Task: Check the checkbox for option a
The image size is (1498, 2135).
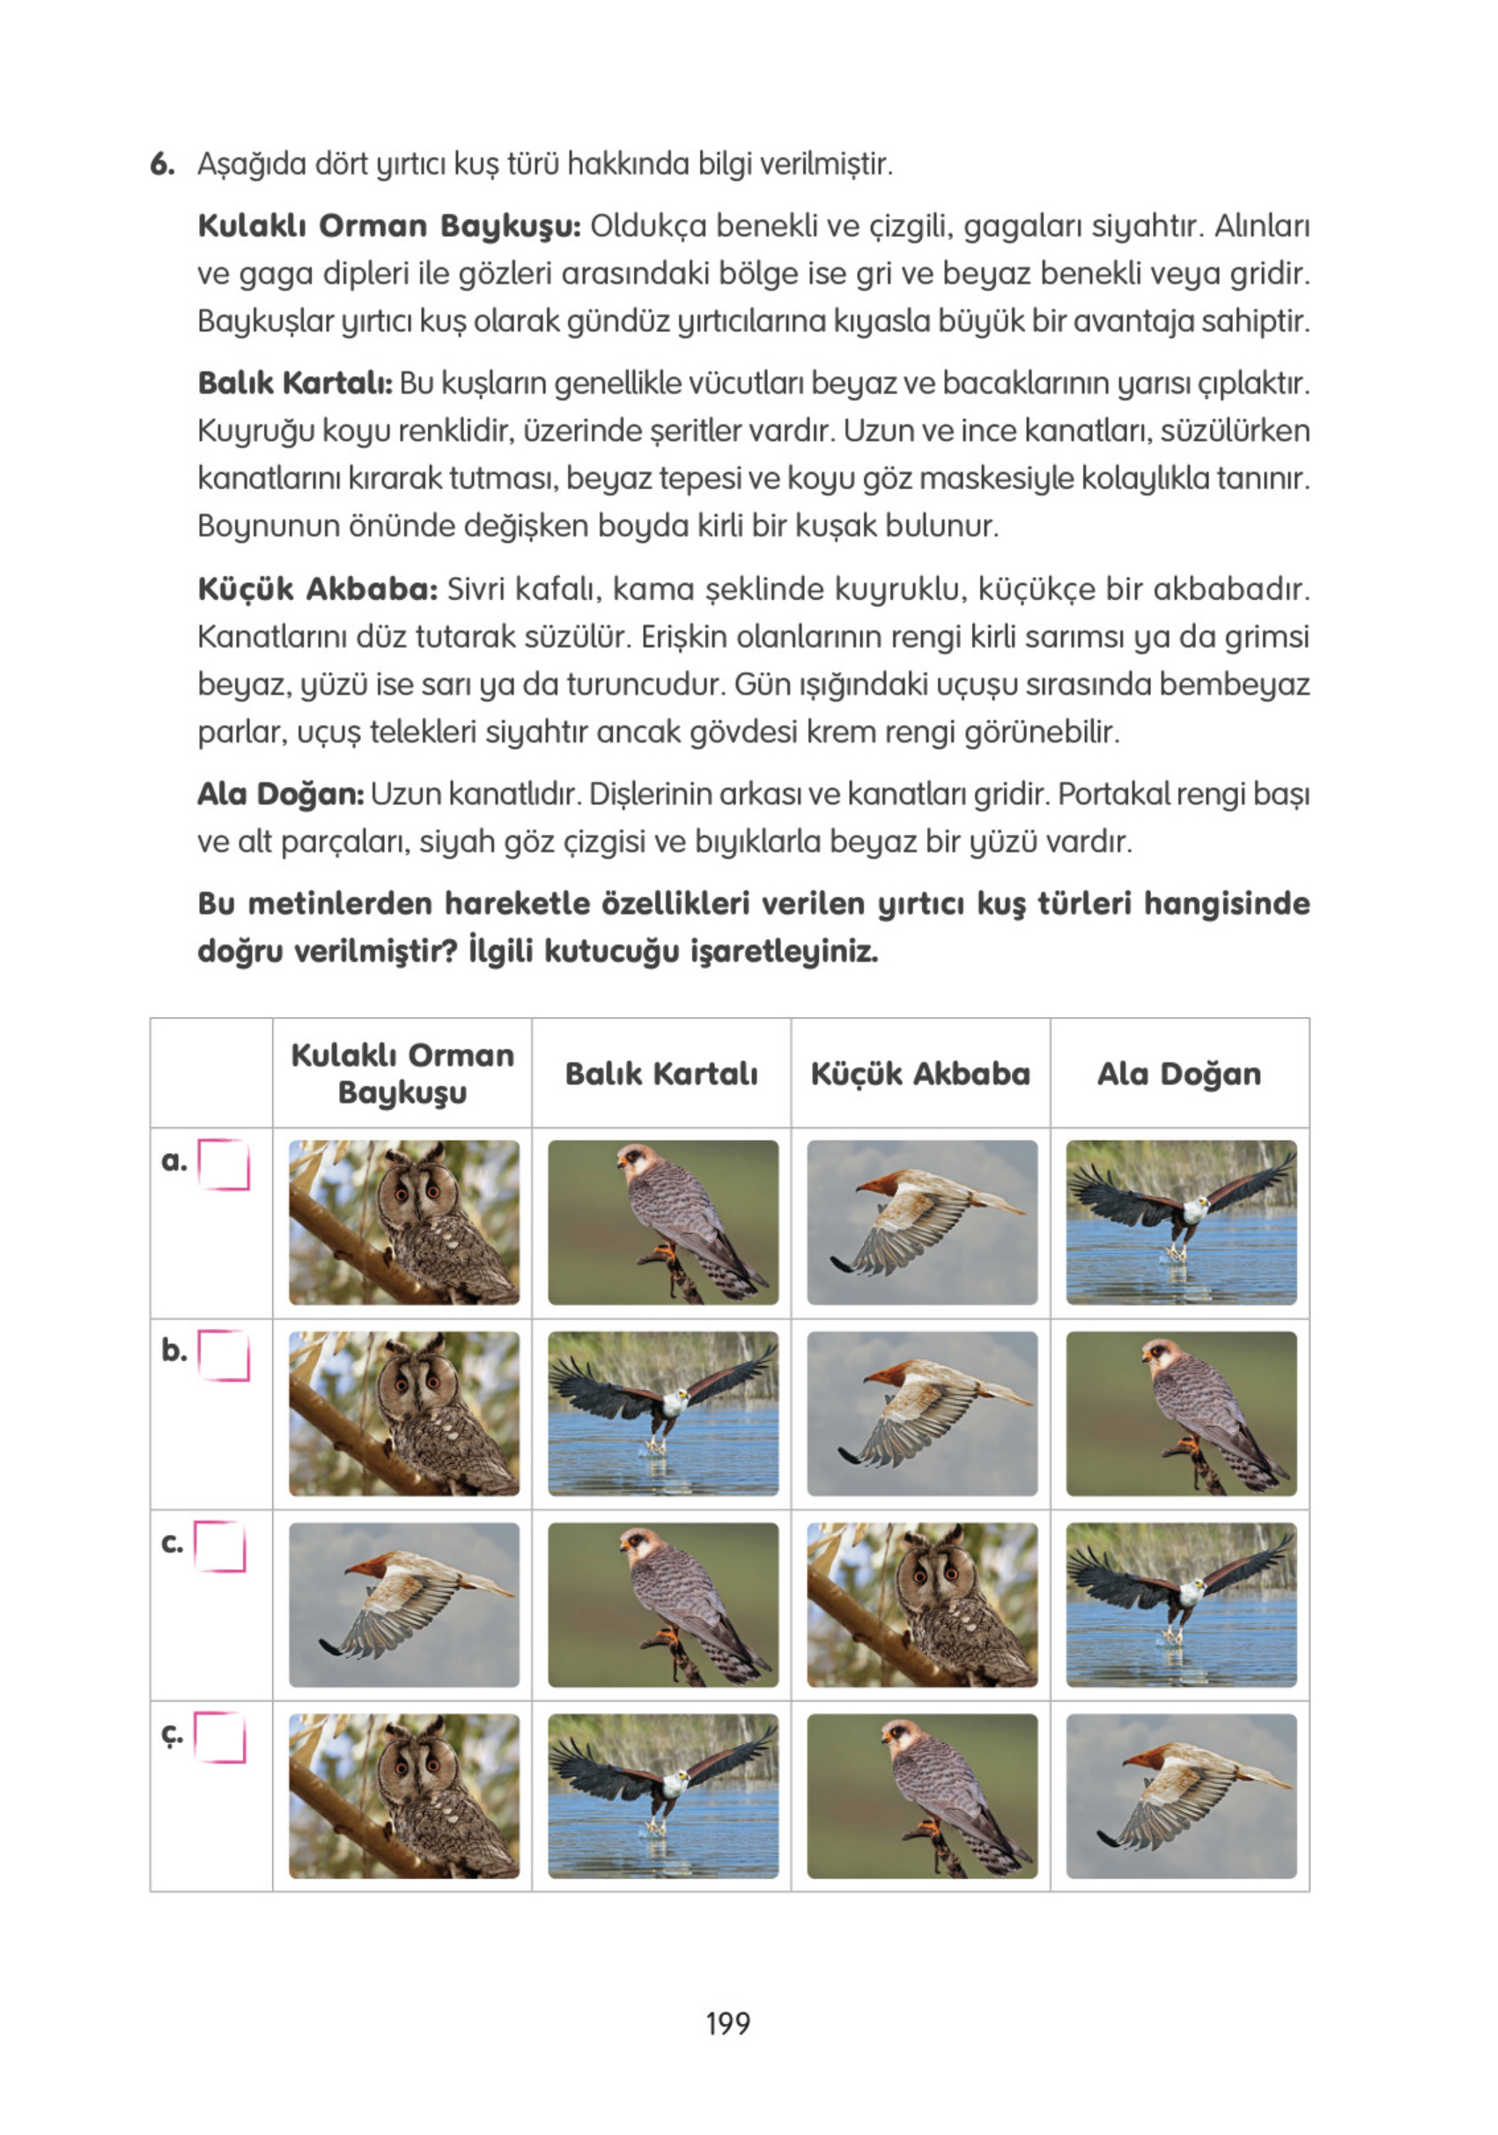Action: coord(223,1164)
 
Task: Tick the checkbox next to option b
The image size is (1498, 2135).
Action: coord(223,1355)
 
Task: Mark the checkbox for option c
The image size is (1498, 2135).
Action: coord(220,1547)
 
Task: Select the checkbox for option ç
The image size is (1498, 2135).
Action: coord(220,1737)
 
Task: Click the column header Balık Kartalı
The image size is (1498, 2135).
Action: coord(661,1074)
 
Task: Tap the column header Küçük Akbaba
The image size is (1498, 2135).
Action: coord(919,1074)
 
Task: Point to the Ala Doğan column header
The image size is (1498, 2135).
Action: coord(1178,1074)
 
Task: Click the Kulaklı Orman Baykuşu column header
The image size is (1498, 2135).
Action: coord(402,1073)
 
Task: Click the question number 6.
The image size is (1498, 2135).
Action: coord(162,165)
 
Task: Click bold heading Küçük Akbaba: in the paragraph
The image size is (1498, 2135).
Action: coord(316,589)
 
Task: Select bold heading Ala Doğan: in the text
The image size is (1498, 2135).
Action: coord(280,794)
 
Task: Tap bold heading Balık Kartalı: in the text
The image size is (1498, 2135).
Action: coord(295,383)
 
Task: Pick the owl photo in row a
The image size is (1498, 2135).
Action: coord(403,1222)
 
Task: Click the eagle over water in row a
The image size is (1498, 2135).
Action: coord(1180,1222)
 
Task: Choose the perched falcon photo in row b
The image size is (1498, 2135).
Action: coord(1180,1414)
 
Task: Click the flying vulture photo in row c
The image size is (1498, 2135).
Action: coord(403,1604)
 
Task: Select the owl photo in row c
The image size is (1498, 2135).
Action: coord(920,1604)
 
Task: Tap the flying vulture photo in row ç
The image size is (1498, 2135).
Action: coord(1180,1796)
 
